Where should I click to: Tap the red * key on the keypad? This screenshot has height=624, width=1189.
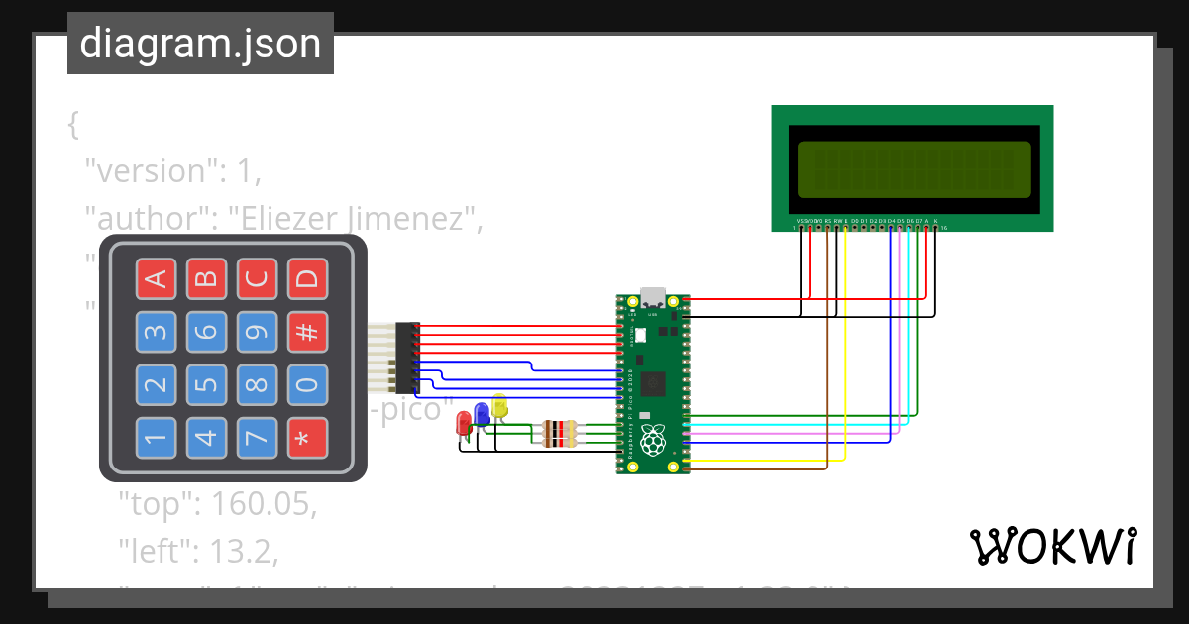pyautogui.click(x=307, y=437)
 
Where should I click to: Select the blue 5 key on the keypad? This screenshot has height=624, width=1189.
pyautogui.click(x=205, y=384)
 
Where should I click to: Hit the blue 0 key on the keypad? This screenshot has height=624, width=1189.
pyautogui.click(x=307, y=384)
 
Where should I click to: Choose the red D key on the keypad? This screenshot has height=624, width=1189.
pyautogui.click(x=307, y=279)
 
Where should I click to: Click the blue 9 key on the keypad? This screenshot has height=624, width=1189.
pyautogui.click(x=257, y=332)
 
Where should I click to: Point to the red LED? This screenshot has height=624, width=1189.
pyautogui.click(x=463, y=423)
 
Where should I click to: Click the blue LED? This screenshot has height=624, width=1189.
pyautogui.click(x=482, y=413)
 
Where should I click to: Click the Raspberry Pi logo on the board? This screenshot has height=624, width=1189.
pyautogui.click(x=652, y=440)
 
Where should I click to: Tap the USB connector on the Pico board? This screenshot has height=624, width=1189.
pyautogui.click(x=653, y=297)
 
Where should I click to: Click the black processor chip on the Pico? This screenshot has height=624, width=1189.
pyautogui.click(x=653, y=383)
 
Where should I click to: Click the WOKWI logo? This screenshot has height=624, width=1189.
pyautogui.click(x=1052, y=546)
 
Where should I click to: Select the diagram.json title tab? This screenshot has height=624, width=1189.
pyautogui.click(x=200, y=44)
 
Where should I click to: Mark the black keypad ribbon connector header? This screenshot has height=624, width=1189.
pyautogui.click(x=407, y=358)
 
